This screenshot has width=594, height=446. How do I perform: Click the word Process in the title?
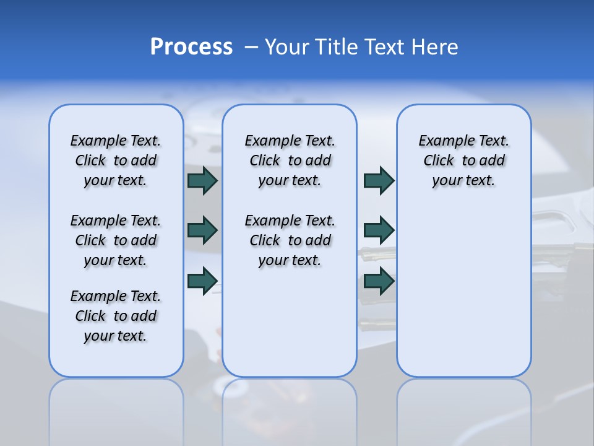pyautogui.click(x=191, y=47)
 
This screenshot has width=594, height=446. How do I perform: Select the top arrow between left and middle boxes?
pyautogui.click(x=202, y=181)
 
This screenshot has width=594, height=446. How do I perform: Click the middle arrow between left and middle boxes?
pyautogui.click(x=202, y=230)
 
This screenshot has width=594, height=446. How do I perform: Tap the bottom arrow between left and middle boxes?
pyautogui.click(x=202, y=280)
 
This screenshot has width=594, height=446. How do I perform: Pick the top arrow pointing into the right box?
pyautogui.click(x=379, y=181)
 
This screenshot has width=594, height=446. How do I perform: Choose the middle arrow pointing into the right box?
pyautogui.click(x=379, y=230)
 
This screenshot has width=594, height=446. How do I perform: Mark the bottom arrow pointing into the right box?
pyautogui.click(x=379, y=280)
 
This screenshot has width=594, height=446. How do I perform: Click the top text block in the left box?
pyautogui.click(x=116, y=160)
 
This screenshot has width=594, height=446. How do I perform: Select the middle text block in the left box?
pyautogui.click(x=116, y=240)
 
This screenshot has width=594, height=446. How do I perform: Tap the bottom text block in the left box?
pyautogui.click(x=116, y=316)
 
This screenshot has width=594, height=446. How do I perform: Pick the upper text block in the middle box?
pyautogui.click(x=290, y=160)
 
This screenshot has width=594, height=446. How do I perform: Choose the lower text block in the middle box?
pyautogui.click(x=290, y=240)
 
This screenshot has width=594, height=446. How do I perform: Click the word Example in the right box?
pyautogui.click(x=444, y=141)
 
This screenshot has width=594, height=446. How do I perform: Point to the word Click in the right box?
pyautogui.click(x=439, y=161)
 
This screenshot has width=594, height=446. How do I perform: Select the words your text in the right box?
pyautogui.click(x=463, y=181)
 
